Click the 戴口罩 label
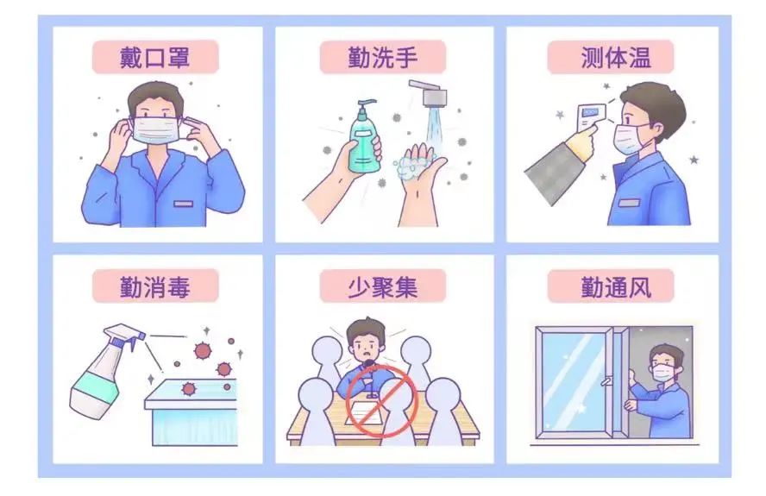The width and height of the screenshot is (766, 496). click(155, 57)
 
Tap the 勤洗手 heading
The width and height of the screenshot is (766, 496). click(382, 57)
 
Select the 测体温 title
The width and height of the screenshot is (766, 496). click(616, 57)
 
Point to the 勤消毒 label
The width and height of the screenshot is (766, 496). click(155, 286)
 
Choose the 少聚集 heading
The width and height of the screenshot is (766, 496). click(382, 286)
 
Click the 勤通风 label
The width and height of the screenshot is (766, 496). click(616, 286)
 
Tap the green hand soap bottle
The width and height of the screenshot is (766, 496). click(364, 138)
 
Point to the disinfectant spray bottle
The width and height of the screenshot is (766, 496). click(106, 372)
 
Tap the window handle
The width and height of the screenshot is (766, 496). click(606, 380)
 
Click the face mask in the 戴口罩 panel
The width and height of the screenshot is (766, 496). click(156, 129)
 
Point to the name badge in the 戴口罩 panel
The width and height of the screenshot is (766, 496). click(183, 204)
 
